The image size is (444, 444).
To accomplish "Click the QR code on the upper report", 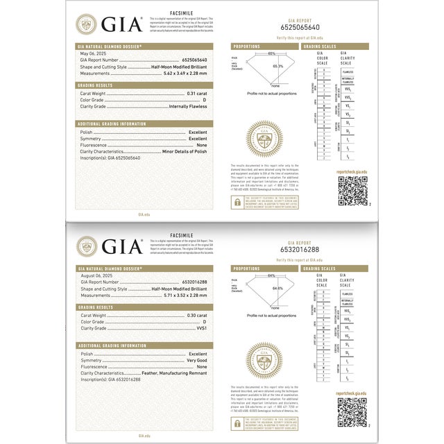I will (351, 191).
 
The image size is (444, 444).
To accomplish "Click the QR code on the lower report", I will (351, 413).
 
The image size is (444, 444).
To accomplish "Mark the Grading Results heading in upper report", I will (95, 85).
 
